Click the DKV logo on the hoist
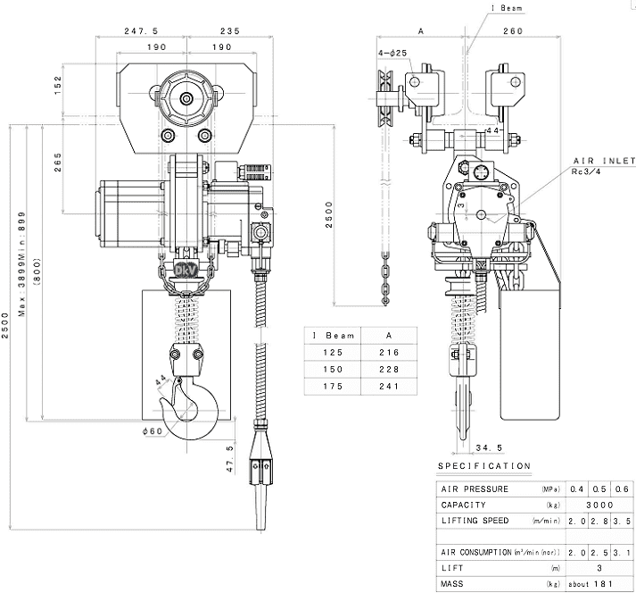[x=186, y=268]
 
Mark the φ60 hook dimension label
[x=152, y=432]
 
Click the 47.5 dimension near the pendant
[x=230, y=458]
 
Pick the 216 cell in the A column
[x=388, y=353]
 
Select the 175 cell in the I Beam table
[x=332, y=387]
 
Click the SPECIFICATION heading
[x=484, y=466]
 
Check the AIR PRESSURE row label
[x=475, y=489]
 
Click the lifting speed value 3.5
[x=623, y=520]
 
